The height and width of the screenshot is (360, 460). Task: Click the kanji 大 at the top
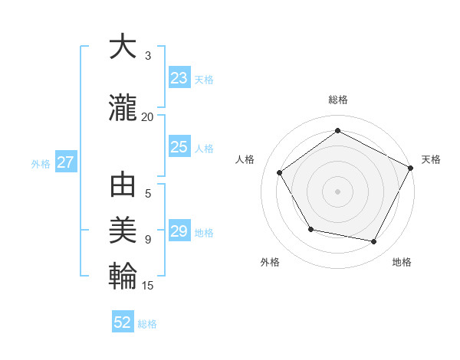pos(123,47)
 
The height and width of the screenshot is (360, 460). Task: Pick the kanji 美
pos(123,229)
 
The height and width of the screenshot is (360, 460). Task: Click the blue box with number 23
pos(179,78)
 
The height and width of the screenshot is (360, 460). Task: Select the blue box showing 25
pos(179,148)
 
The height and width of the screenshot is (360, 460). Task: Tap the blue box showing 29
pos(179,232)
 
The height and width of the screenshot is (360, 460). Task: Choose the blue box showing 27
pos(66,162)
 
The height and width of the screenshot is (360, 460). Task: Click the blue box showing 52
pos(123,323)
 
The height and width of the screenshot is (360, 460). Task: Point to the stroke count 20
pos(147,116)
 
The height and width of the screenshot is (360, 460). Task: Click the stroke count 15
pos(147,286)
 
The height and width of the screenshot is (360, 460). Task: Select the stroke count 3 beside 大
pos(148,56)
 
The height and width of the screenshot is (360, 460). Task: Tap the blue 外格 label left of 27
pos(41,163)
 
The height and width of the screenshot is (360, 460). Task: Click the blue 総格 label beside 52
pos(147,324)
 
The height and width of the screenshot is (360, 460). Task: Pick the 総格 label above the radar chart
pos(337,100)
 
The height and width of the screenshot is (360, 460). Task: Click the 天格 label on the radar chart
pos(431,159)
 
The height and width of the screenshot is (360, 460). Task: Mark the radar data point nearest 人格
pos(280,172)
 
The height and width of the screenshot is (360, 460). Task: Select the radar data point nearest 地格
pos(374,242)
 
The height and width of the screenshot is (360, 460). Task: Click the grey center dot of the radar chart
pos(337,191)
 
